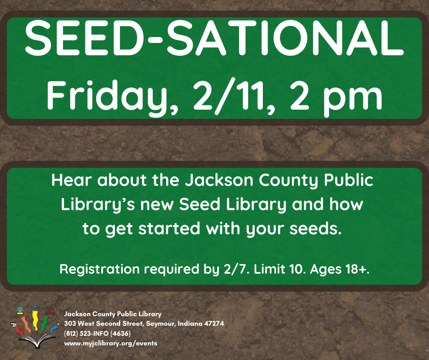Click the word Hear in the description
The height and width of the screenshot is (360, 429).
coord(72,180)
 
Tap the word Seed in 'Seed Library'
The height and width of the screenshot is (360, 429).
coord(200,204)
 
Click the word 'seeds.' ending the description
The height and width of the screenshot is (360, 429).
coord(316,228)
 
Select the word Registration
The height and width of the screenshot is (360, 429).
coord(99,270)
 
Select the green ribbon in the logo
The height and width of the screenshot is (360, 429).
coord(45,323)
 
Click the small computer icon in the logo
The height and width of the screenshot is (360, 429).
coord(20,310)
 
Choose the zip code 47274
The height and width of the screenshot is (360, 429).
coord(214,323)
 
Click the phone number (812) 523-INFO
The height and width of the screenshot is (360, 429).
coord(86,334)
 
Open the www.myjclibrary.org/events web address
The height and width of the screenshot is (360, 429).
coord(111,344)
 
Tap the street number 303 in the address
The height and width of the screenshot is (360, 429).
coord(70,323)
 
